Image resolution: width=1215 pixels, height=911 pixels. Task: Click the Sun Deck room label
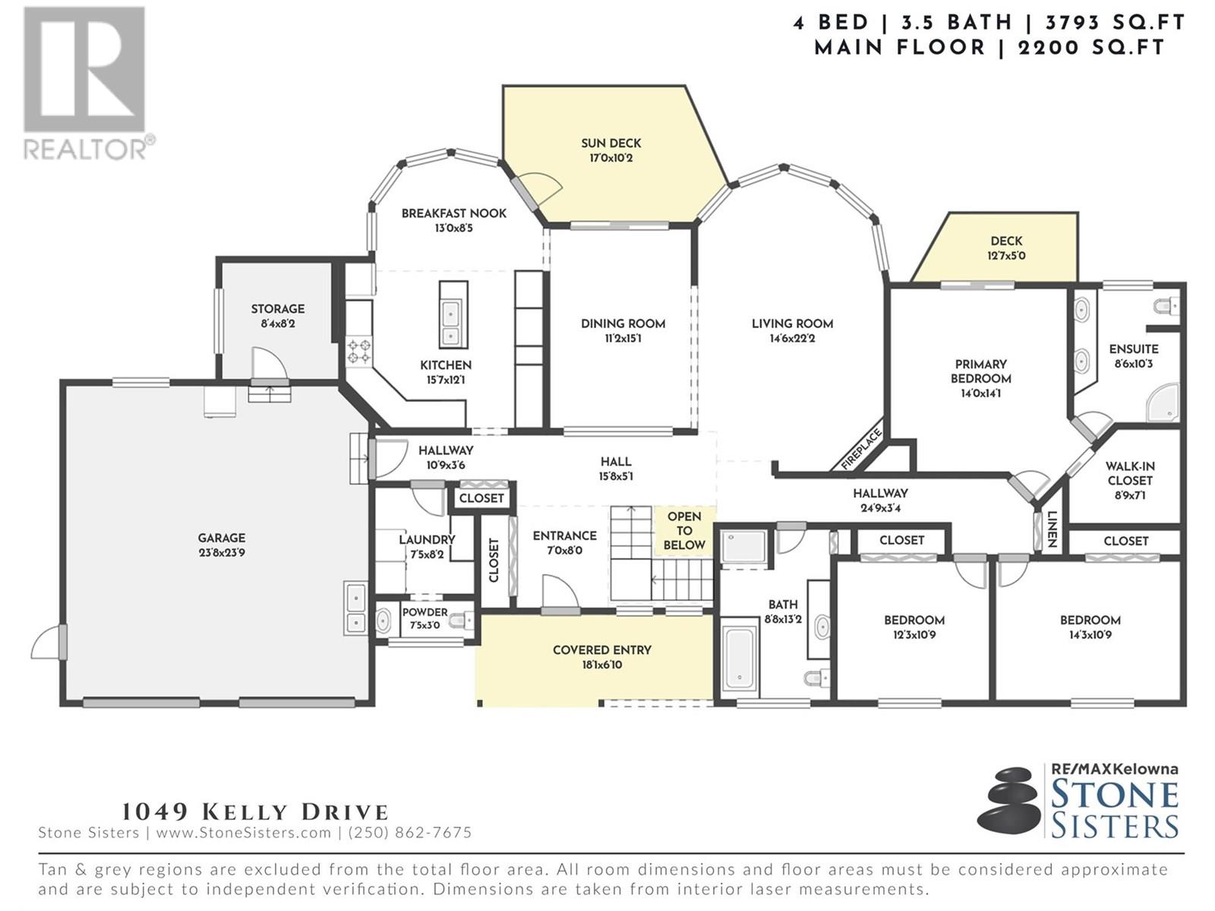[x=611, y=143]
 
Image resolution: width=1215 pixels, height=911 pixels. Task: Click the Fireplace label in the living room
[x=861, y=449]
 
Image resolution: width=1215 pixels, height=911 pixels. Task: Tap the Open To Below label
[x=684, y=531]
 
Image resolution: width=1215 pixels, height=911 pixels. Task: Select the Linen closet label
[x=1052, y=529]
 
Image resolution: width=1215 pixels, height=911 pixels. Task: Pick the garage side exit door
[x=47, y=641]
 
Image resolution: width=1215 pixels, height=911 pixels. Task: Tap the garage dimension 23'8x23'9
[x=221, y=553]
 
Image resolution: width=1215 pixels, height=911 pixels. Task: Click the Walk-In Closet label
[x=1129, y=473]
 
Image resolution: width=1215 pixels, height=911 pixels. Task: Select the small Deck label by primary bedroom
[x=1006, y=241]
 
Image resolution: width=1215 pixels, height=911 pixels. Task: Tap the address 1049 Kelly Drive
[x=255, y=812]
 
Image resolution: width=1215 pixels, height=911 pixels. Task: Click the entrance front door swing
[x=560, y=592]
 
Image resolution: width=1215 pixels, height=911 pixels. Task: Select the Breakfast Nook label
[x=453, y=213]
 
